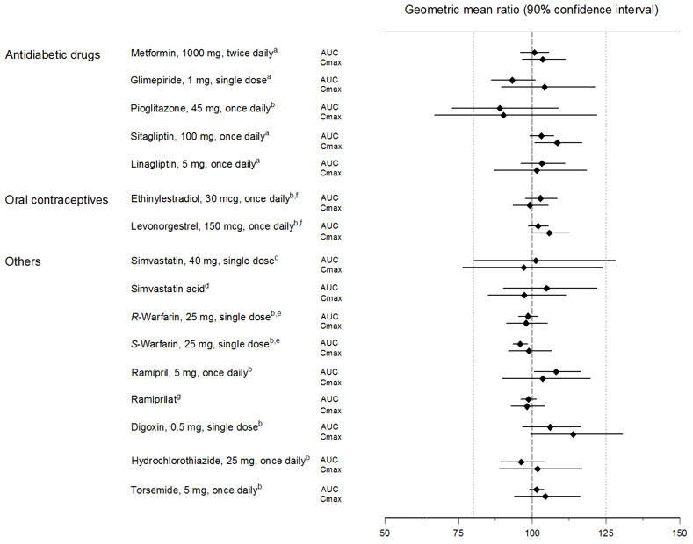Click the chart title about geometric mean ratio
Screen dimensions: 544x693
click(532, 10)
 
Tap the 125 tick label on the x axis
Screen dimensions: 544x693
click(605, 532)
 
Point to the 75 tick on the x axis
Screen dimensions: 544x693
click(458, 532)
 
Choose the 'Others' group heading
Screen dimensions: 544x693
click(24, 261)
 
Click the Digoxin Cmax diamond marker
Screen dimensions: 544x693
click(574, 434)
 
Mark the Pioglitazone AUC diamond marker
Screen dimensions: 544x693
click(500, 108)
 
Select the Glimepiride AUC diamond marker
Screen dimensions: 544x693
click(512, 81)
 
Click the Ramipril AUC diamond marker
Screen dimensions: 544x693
click(556, 372)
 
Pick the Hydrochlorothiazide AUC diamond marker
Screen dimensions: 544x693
click(521, 462)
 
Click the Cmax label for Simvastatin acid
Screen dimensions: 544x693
click(330, 297)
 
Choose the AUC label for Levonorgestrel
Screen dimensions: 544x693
click(330, 226)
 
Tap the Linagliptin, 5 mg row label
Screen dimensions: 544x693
click(200, 164)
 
